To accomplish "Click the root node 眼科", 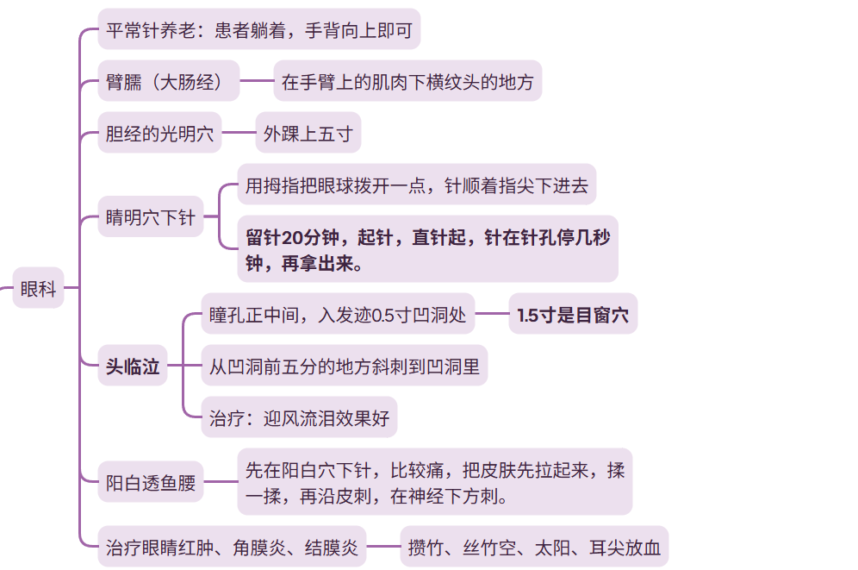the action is pos(38,288).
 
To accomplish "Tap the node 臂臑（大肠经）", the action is pos(168,83).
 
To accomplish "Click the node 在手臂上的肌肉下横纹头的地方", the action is pos(407,83).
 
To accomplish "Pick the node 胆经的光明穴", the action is pos(159,135).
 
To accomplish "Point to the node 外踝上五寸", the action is pos(308,135).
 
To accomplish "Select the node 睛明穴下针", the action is pos(150,216).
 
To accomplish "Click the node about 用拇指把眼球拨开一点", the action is pos(416,185).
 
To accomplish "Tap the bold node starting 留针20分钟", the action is pos(427,249).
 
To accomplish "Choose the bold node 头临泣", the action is pos(132,366).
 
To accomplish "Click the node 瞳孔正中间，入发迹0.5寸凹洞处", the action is pos(337,315).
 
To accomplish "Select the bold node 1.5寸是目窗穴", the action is pos(573,315).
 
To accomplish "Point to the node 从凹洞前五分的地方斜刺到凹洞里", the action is pos(344,366).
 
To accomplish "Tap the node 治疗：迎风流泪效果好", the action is pos(299,419).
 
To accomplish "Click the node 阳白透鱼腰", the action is pos(150,483).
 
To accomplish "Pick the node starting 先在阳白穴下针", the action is pos(434,482).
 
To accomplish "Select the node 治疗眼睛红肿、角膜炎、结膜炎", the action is pos(232,547).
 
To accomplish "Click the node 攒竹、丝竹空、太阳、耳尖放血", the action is pos(534,547).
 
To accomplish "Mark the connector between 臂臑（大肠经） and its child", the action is pos(256,83).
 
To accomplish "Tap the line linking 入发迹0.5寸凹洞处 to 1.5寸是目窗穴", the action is pos(491,315).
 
